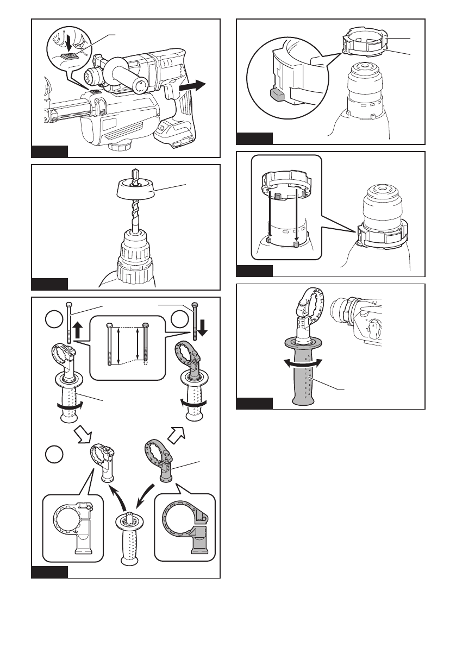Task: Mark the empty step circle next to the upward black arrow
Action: [53, 320]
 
